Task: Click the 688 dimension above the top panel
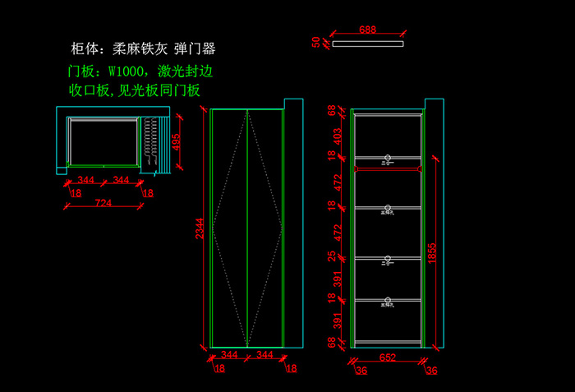[367, 30]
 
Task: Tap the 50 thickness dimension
[316, 42]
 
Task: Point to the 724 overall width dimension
[103, 202]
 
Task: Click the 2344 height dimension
[198, 234]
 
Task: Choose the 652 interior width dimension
[388, 357]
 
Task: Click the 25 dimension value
[333, 257]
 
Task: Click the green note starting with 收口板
[135, 91]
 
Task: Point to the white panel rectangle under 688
[367, 44]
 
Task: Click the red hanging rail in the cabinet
[388, 169]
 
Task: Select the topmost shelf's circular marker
[388, 157]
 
